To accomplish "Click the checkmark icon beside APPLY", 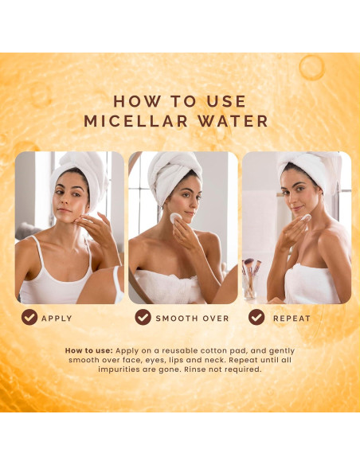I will pos(29,317).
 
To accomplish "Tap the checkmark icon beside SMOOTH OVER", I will pos(143,317).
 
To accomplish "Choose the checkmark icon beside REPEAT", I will pos(256,317).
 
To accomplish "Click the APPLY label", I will pos(57,318).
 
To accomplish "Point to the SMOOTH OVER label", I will pos(192,318).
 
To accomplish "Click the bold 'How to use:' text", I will pos(88,351).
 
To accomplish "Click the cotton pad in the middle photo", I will pos(176,219).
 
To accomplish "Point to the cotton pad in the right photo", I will pos(303,217).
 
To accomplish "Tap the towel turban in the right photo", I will pos(307,166).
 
